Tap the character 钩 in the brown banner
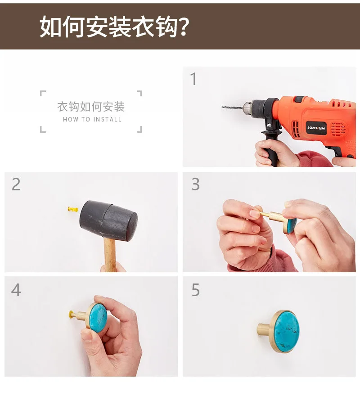166,27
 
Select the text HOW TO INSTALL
92,119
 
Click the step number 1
193,79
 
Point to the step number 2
16,184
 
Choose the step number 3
196,184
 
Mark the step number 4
16,290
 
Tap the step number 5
196,290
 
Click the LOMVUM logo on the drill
316,128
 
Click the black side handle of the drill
270,147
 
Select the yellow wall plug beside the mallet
73,209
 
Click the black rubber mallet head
108,220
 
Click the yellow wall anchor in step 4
71,315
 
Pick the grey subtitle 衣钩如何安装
91,107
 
